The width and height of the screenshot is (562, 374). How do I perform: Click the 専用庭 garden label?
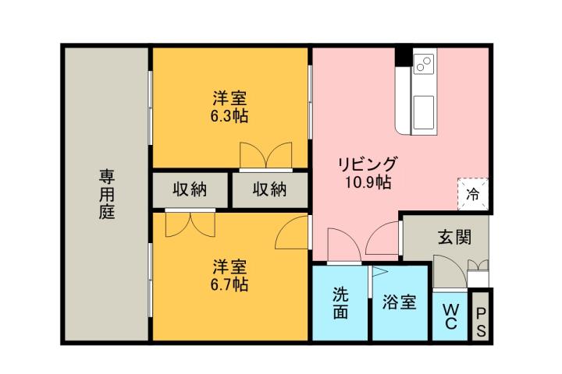pos(106,193)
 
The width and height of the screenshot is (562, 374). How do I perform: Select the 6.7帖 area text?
pos(229,284)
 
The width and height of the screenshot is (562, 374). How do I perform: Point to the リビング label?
pos(368,165)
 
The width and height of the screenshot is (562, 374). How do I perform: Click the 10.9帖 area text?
pos(368,184)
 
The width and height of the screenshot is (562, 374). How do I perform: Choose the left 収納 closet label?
pos(190,189)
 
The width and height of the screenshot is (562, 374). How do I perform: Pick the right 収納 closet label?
pos(270,189)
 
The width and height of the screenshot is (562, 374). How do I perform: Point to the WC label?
pos(450,316)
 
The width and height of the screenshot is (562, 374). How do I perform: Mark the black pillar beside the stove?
pos(404,57)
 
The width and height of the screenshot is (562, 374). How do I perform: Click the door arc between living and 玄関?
pos(385,235)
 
